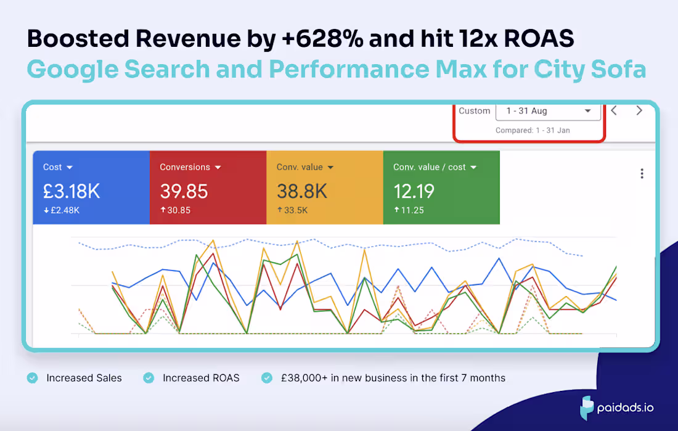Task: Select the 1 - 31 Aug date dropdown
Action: (548, 111)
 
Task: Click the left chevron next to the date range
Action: (614, 111)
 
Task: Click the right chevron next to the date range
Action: (639, 111)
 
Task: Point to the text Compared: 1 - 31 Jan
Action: (533, 131)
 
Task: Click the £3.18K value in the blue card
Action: (71, 191)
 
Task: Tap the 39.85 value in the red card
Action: (184, 191)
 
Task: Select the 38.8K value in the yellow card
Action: (302, 191)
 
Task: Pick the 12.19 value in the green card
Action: (414, 191)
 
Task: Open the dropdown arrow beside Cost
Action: (70, 168)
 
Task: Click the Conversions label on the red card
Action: (184, 167)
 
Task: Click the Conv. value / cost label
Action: (430, 167)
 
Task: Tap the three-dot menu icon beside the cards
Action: (642, 174)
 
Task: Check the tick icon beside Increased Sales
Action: (32, 378)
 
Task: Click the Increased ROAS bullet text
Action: (201, 378)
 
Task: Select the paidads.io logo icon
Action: (587, 408)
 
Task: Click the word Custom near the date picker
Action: (475, 111)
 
